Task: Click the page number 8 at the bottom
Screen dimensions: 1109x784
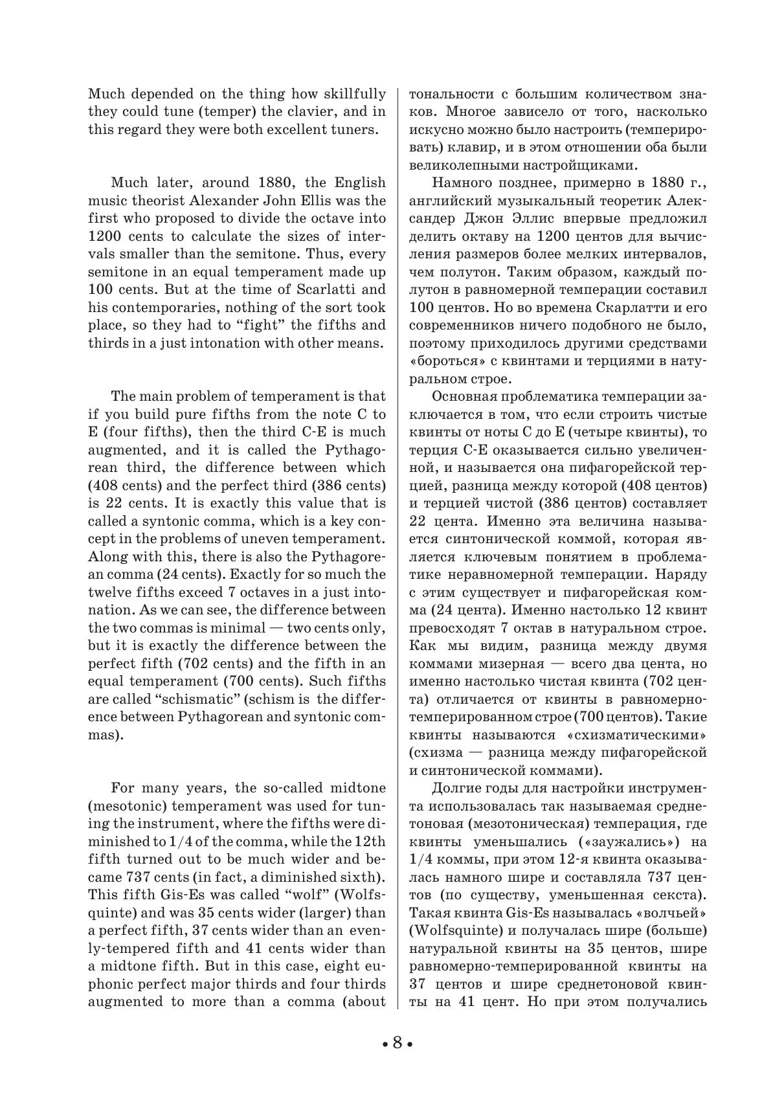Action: point(397,1042)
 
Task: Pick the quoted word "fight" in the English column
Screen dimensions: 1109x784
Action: point(265,325)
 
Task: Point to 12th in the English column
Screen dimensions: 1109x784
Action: point(370,842)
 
